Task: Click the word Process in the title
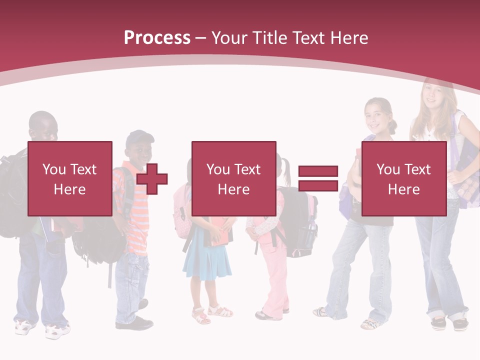(x=157, y=38)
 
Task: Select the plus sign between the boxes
(x=152, y=178)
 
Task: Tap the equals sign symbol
(x=318, y=178)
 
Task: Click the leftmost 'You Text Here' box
(x=70, y=178)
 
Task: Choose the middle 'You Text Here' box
(x=233, y=178)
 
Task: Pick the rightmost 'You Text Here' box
(x=403, y=178)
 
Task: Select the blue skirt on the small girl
(x=206, y=260)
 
